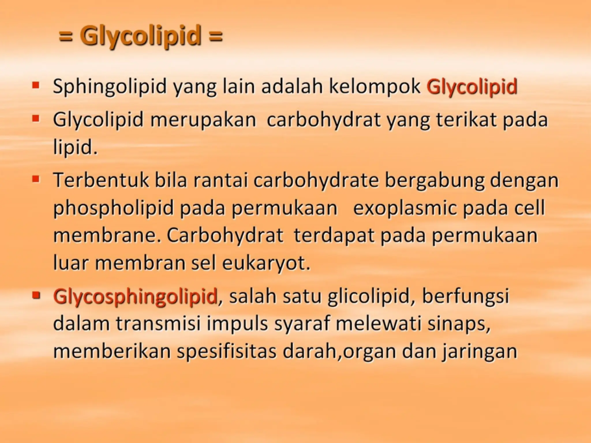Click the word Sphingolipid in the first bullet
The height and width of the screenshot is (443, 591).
pyautogui.click(x=110, y=87)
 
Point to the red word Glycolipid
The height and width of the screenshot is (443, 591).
pyautogui.click(x=472, y=87)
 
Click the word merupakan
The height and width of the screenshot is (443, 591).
pyautogui.click(x=203, y=119)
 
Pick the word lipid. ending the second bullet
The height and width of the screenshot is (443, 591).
pyautogui.click(x=75, y=147)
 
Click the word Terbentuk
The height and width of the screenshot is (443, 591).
pyautogui.click(x=102, y=180)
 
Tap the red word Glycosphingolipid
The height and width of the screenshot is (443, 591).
pyautogui.click(x=135, y=296)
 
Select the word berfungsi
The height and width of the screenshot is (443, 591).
pyautogui.click(x=465, y=296)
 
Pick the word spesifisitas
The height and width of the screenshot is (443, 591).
pyautogui.click(x=227, y=351)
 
